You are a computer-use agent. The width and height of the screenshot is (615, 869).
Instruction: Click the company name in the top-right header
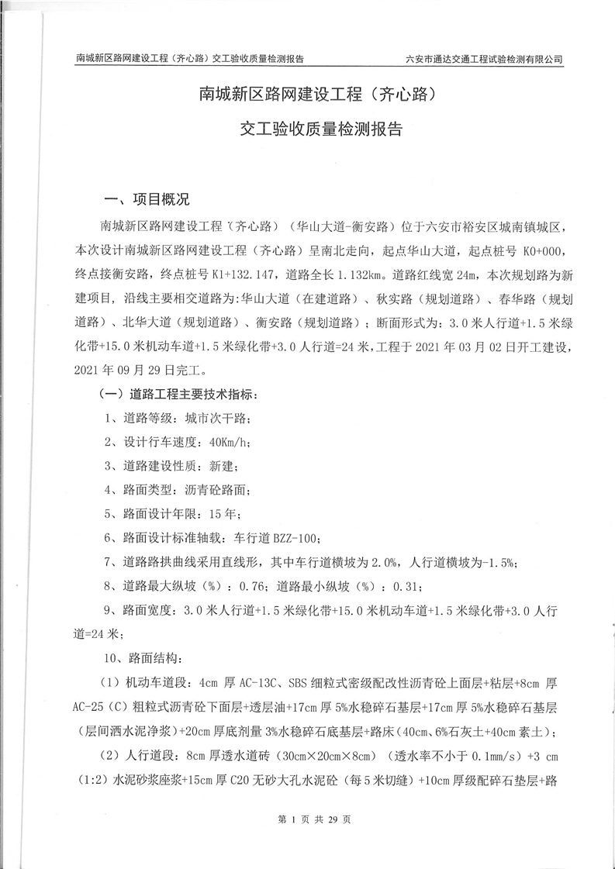pos(484,59)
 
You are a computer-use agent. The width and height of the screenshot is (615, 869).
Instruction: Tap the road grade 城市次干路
pos(217,419)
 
